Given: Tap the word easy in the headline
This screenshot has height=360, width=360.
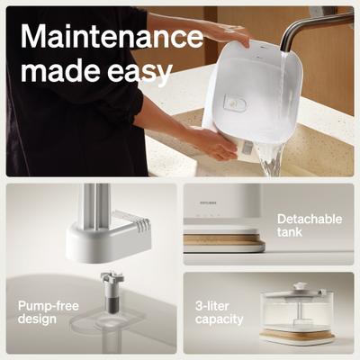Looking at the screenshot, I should click(x=141, y=72).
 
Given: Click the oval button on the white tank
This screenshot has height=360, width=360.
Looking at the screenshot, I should click(x=237, y=104).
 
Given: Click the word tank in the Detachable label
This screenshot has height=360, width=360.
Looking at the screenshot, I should click(x=291, y=233).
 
